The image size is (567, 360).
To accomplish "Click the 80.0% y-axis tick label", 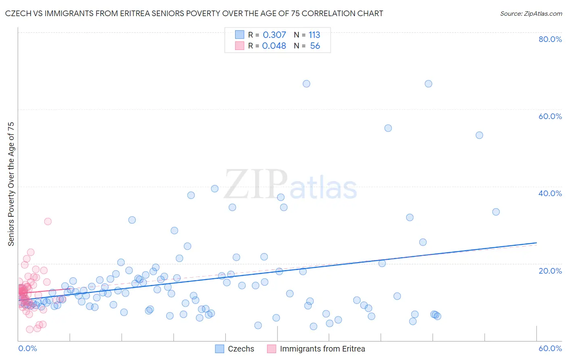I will point(550,39).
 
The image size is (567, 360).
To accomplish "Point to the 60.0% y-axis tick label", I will point(550,116).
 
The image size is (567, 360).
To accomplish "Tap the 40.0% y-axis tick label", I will point(550,193).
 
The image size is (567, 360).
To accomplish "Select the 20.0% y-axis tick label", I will point(550,270).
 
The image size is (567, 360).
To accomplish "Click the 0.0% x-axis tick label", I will point(27,348).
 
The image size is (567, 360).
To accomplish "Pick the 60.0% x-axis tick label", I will point(550,348).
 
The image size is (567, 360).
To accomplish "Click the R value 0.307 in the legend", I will point(274,35).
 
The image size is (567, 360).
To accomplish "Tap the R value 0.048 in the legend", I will point(274,46).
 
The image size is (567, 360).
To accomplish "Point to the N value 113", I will point(314,35).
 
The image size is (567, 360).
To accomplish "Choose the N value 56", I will point(315,46).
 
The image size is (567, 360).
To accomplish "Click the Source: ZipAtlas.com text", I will point(531,13).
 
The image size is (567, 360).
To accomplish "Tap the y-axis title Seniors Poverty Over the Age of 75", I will point(11,184).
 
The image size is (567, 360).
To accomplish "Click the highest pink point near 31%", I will point(48,221).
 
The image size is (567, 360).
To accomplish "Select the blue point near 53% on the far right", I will point(479,135).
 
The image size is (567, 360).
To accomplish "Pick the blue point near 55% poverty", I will point(388,128).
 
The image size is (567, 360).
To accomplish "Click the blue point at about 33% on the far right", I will point(496,212).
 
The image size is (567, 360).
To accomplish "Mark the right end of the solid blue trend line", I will point(537,243).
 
